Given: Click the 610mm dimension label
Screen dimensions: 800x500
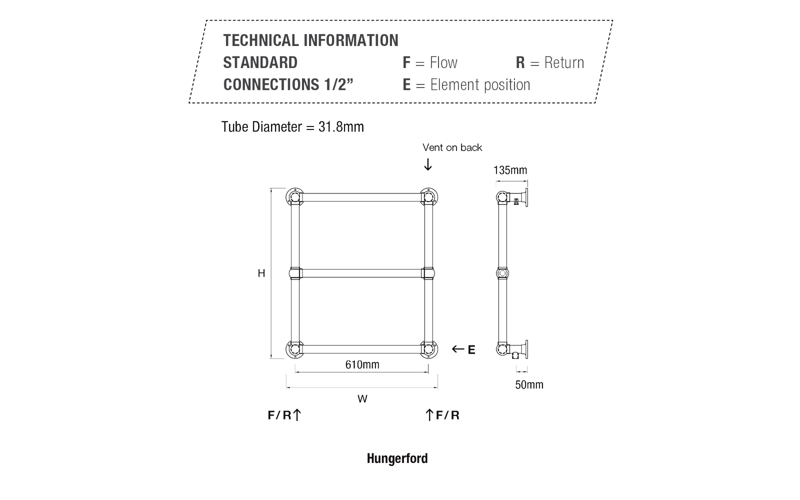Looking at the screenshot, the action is click(x=362, y=364).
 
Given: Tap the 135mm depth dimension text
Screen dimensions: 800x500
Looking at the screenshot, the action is click(x=510, y=170).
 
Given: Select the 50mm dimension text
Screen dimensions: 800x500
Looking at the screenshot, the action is click(x=529, y=384).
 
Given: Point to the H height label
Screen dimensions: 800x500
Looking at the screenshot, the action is click(x=261, y=273).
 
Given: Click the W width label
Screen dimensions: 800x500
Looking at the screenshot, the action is click(x=362, y=399).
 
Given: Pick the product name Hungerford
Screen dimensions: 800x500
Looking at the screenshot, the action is click(x=397, y=458).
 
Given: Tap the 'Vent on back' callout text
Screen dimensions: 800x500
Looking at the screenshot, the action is click(x=452, y=147).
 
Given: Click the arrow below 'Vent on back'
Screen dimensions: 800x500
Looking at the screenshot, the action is click(x=428, y=164).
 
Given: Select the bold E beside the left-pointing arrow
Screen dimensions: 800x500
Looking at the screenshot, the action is click(x=471, y=350).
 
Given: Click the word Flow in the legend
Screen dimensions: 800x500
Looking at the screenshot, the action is click(x=443, y=62).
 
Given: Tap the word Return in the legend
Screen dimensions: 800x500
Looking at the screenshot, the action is click(x=564, y=63).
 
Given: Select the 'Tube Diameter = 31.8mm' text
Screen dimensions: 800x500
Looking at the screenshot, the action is click(x=292, y=127).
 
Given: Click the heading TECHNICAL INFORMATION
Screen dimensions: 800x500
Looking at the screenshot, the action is click(x=310, y=40).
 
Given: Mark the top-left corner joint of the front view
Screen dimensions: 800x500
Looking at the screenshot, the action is click(x=295, y=197).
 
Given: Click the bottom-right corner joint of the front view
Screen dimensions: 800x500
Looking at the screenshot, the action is click(x=428, y=349).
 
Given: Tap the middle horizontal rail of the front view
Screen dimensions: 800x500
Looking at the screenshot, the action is click(x=362, y=273).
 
